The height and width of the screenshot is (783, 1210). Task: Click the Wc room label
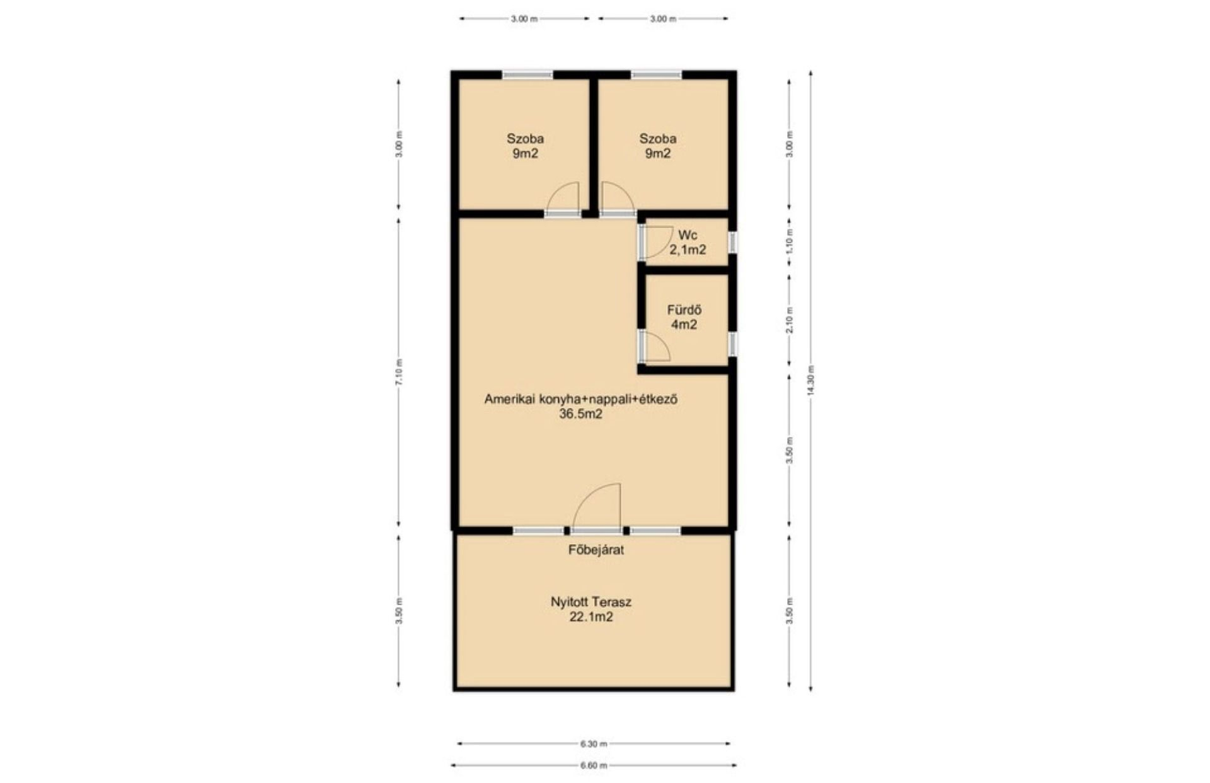688,235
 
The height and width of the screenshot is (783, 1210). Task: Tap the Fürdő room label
684,310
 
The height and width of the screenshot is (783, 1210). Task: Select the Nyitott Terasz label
591,602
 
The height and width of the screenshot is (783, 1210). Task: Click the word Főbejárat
596,550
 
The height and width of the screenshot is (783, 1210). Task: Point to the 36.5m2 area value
580,414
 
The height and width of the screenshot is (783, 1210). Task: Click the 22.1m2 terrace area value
591,617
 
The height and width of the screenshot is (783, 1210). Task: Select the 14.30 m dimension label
810,381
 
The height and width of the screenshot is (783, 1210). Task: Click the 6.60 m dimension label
594,766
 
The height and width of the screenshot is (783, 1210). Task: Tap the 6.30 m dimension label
594,744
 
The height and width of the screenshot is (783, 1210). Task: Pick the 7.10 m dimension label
398,373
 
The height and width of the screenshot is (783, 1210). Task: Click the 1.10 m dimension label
790,241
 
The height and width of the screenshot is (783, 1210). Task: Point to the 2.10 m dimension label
790,320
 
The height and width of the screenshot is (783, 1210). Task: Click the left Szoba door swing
563,197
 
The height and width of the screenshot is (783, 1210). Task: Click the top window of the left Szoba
527,74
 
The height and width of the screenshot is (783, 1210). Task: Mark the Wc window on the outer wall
733,241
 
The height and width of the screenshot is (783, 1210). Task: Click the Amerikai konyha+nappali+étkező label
580,399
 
